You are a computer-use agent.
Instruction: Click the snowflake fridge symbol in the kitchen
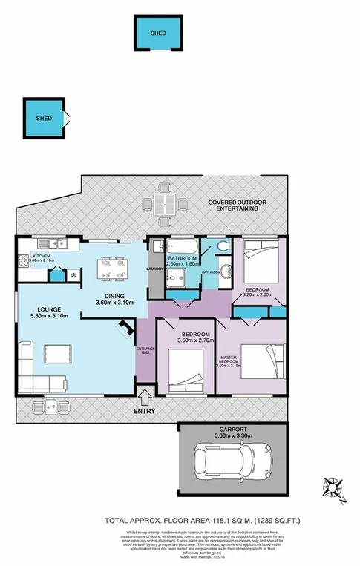73,274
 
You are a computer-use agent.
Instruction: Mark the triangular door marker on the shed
68,116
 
